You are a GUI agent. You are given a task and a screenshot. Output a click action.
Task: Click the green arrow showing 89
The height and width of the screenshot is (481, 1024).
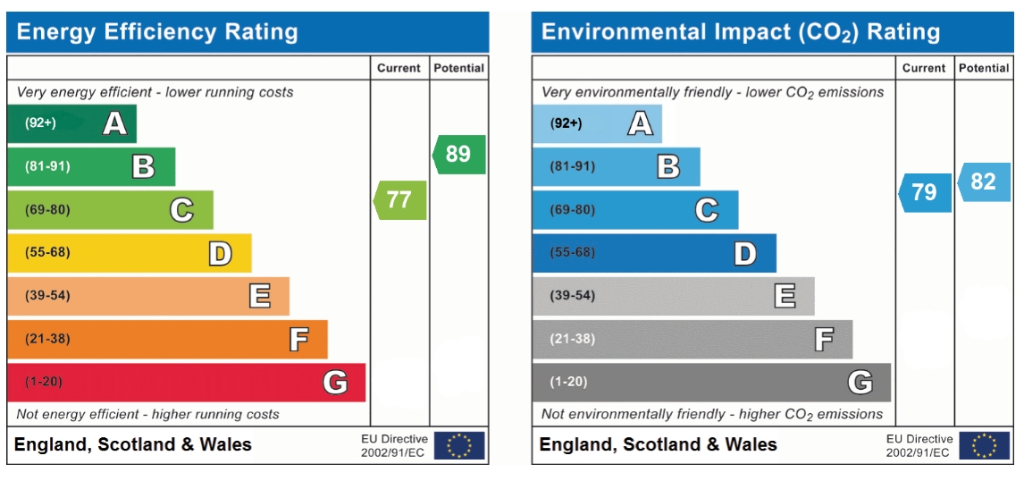tap(459, 155)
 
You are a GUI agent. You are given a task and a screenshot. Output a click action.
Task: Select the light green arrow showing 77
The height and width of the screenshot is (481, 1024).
tap(399, 200)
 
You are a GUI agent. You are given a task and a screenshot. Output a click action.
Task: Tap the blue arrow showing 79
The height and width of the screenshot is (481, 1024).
tap(925, 193)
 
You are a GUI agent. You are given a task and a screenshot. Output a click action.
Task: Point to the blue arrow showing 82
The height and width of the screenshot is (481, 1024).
tap(984, 181)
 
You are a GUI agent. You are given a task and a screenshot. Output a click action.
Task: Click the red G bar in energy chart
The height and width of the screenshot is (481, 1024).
tap(186, 383)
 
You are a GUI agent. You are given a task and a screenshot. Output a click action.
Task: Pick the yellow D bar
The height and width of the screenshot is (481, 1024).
tap(130, 253)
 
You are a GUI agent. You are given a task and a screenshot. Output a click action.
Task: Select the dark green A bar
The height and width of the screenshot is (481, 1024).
tap(71, 123)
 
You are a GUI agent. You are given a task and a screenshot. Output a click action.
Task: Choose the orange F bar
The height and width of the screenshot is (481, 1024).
tap(167, 339)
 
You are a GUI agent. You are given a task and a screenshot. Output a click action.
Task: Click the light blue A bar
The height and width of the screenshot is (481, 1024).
tap(597, 123)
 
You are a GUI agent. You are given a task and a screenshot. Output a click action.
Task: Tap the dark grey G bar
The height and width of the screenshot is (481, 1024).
tap(711, 383)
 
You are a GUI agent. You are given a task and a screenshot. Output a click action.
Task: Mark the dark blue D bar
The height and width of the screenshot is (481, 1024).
tap(654, 253)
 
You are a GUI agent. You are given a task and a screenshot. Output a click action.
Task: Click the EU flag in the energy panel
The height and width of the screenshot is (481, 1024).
tap(460, 445)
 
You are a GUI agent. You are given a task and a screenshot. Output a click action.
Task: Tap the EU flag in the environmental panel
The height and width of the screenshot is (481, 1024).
tap(985, 445)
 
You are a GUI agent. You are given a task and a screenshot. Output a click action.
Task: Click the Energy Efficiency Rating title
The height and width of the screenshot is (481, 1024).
tap(157, 32)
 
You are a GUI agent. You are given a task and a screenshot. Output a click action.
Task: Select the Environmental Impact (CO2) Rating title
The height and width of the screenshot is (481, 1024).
tap(742, 33)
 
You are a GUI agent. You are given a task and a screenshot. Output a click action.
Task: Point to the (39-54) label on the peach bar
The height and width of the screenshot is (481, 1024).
tap(47, 296)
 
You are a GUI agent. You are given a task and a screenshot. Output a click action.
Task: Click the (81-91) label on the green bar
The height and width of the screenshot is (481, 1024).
tap(47, 166)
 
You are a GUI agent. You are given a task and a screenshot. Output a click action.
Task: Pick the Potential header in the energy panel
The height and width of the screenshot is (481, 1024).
tap(459, 68)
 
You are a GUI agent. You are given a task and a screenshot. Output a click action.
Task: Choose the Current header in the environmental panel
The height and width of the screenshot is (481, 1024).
tap(925, 68)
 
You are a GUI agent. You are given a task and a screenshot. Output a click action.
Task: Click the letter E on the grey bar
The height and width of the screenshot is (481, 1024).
tap(785, 297)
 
